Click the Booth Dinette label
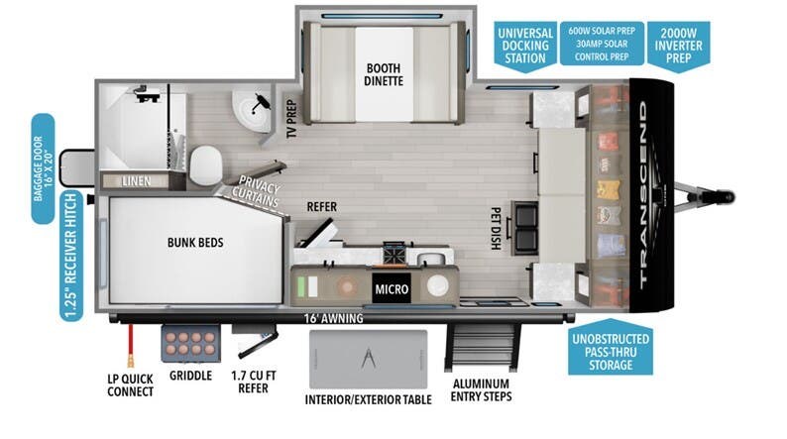pyautogui.click(x=384, y=74)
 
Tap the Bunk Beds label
pyautogui.click(x=194, y=242)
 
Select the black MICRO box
pyautogui.click(x=391, y=289)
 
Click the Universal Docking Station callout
pyautogui.click(x=523, y=44)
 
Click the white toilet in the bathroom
pyautogui.click(x=207, y=161)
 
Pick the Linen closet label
pyautogui.click(x=136, y=181)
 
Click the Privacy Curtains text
pyautogui.click(x=257, y=195)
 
